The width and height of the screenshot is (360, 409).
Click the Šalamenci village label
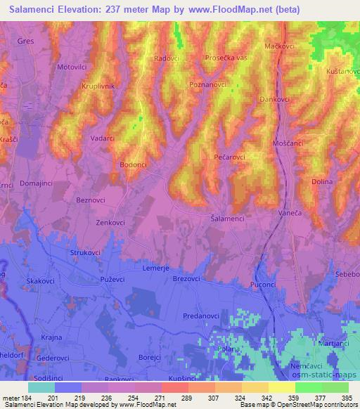[227, 219]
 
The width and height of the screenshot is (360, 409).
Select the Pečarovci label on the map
[229, 158]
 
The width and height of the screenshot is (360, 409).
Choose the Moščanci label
[286, 143]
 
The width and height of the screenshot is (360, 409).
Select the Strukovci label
[86, 251]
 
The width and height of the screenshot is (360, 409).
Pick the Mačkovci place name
[278, 46]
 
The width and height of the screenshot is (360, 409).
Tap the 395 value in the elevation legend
[345, 398]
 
